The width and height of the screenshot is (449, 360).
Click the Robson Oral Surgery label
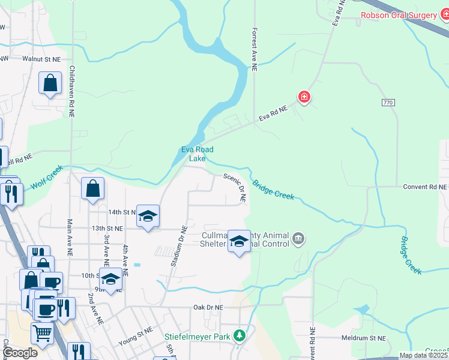(x=399, y=15)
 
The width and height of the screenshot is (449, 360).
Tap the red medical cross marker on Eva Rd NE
(x=304, y=97)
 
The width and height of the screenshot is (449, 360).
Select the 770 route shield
(x=388, y=103)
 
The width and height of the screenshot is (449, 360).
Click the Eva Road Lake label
(x=197, y=154)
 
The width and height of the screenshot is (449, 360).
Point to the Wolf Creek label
(x=47, y=178)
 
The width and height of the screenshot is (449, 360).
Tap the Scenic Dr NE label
(x=235, y=188)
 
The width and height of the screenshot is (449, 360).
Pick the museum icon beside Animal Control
(x=298, y=241)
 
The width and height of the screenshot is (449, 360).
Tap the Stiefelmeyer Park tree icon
(x=240, y=335)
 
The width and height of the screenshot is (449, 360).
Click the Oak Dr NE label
(x=208, y=307)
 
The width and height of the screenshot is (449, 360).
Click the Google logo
(x=20, y=353)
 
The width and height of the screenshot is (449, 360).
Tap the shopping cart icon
(x=42, y=332)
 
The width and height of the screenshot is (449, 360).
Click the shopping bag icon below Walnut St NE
(x=50, y=83)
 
